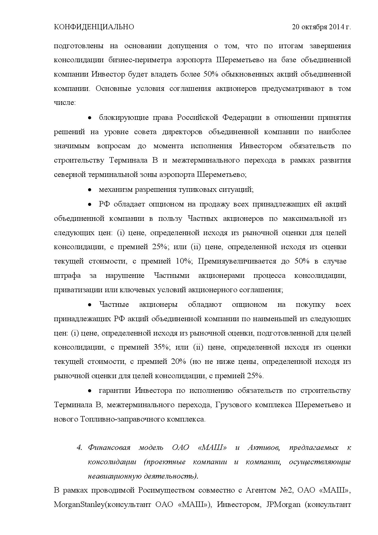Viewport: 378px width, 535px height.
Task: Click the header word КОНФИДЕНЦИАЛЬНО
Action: point(94,27)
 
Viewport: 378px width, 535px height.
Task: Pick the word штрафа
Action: point(67,276)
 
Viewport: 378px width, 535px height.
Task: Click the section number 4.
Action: point(80,448)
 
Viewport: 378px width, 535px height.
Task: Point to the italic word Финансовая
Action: point(109,448)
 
